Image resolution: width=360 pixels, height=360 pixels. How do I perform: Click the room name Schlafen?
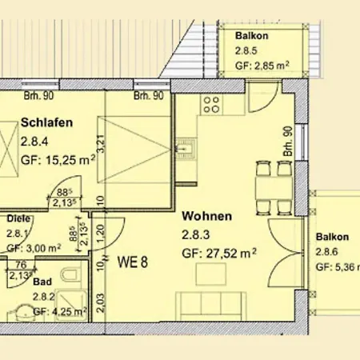tap(49, 122)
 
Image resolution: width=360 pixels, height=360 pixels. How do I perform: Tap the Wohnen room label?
tap(207, 216)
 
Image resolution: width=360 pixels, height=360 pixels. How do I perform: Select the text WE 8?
tap(135, 261)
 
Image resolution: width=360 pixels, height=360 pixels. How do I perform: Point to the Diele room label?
tap(19, 218)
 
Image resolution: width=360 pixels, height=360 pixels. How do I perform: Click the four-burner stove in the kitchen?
tap(212, 104)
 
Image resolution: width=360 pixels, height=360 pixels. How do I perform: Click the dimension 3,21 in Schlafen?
tap(102, 145)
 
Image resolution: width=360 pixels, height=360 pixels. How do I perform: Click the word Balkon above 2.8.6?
tap(332, 238)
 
